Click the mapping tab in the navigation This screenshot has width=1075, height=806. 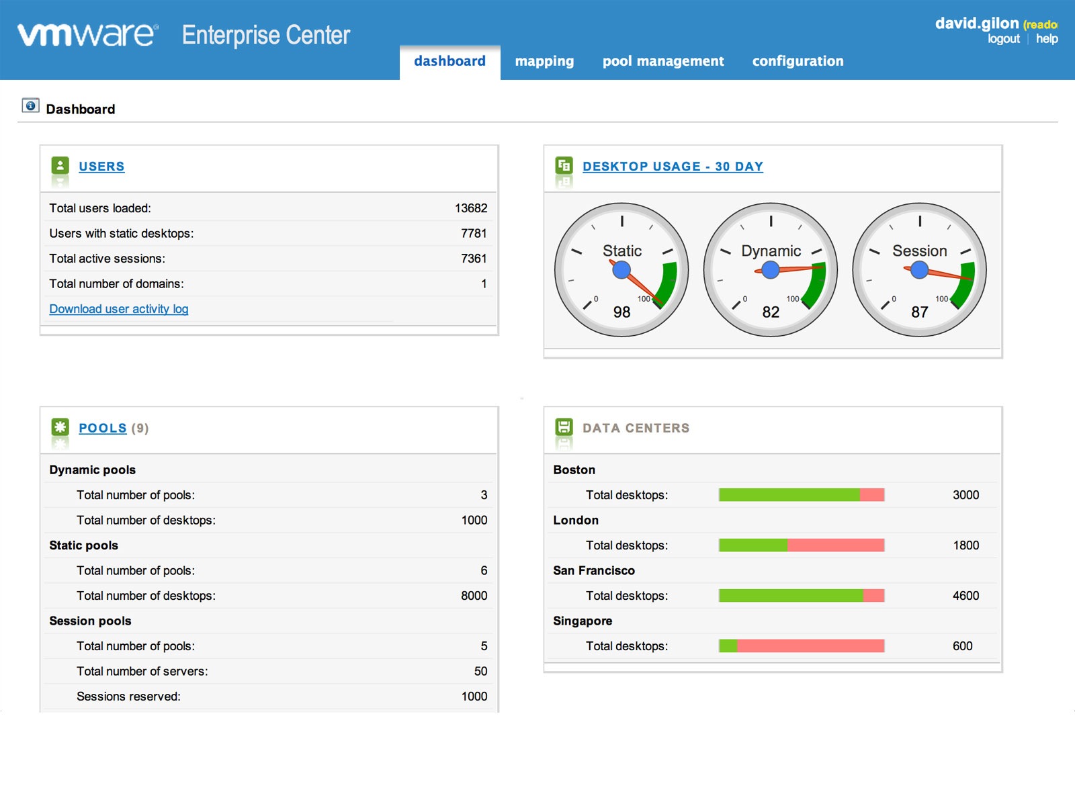tap(544, 61)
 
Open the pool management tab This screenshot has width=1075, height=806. tap(663, 61)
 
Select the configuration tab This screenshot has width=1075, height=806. tap(798, 61)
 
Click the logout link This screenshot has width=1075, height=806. tap(1003, 39)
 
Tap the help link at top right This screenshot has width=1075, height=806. tap(1046, 39)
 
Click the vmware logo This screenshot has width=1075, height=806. tap(88, 35)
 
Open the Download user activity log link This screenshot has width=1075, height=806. tap(119, 309)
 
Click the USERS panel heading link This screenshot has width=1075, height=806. tap(101, 167)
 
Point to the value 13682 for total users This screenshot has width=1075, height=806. tap(470, 208)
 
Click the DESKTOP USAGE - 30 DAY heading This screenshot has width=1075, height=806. tap(673, 167)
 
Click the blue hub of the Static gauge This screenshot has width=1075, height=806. tap(621, 270)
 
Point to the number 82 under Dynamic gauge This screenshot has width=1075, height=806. tap(771, 312)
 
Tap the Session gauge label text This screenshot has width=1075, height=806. tap(919, 251)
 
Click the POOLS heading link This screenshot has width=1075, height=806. tap(102, 429)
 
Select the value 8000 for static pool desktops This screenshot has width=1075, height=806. tap(474, 596)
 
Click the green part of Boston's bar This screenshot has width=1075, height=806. tap(789, 495)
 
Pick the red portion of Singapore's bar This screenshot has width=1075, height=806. tap(810, 646)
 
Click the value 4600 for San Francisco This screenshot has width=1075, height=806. tap(965, 596)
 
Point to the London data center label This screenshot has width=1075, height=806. tap(576, 521)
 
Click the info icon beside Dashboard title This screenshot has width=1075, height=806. tap(30, 106)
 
